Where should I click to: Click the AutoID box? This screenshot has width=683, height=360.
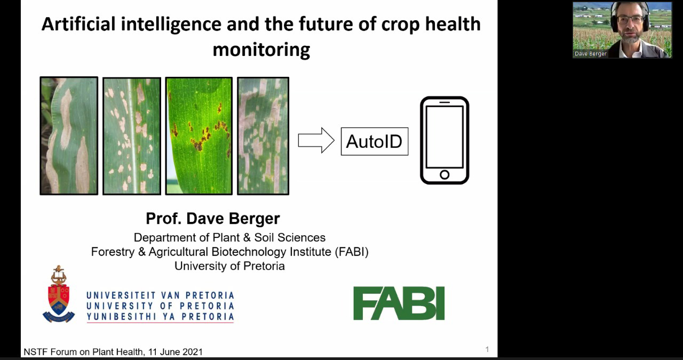pos(375,141)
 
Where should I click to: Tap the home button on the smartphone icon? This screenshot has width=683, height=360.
pos(444,174)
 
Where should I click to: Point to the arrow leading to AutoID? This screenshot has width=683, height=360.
pos(316,140)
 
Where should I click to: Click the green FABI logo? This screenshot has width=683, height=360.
pos(399,303)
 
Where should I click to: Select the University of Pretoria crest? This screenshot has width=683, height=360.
pos(58,294)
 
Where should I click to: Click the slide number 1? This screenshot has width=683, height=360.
pos(487,349)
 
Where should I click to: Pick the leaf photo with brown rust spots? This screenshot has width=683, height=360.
pos(199,136)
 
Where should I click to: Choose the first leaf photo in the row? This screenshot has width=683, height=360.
pos(69,135)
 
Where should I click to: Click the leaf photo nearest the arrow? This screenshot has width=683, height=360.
pos(263,136)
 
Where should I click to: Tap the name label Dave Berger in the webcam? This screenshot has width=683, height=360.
pos(590,54)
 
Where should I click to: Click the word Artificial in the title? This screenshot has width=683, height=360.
pos(78,24)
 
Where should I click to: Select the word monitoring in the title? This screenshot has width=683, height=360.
pos(261,50)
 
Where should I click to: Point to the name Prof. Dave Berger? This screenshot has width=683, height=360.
pos(213,219)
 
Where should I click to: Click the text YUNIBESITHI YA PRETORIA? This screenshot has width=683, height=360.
pos(161,317)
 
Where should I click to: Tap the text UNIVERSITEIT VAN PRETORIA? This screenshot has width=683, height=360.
pos(161,295)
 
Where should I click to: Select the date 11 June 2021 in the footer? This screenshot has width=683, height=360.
pos(176,352)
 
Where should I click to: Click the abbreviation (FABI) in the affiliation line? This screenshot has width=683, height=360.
pos(352,252)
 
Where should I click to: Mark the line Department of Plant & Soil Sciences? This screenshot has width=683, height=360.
pos(229,237)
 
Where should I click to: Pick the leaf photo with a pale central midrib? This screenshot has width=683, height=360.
pos(132,136)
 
